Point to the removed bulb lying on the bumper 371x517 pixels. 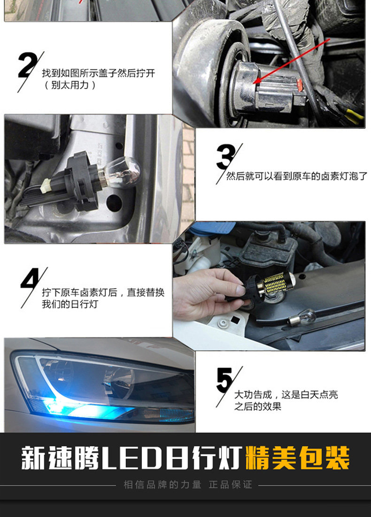pyautogui.click(x=302, y=319)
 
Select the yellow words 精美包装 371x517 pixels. pyautogui.click(x=297, y=458)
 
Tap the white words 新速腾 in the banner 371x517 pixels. pyautogui.click(x=60, y=458)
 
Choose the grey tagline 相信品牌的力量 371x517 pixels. pyautogui.click(x=162, y=485)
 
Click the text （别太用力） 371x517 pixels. pyautogui.click(x=70, y=85)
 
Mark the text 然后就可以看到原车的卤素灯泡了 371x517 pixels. pyautogui.click(x=296, y=176)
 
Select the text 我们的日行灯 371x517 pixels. pyautogui.click(x=70, y=304)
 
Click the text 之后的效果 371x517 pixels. pyautogui.click(x=258, y=406)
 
